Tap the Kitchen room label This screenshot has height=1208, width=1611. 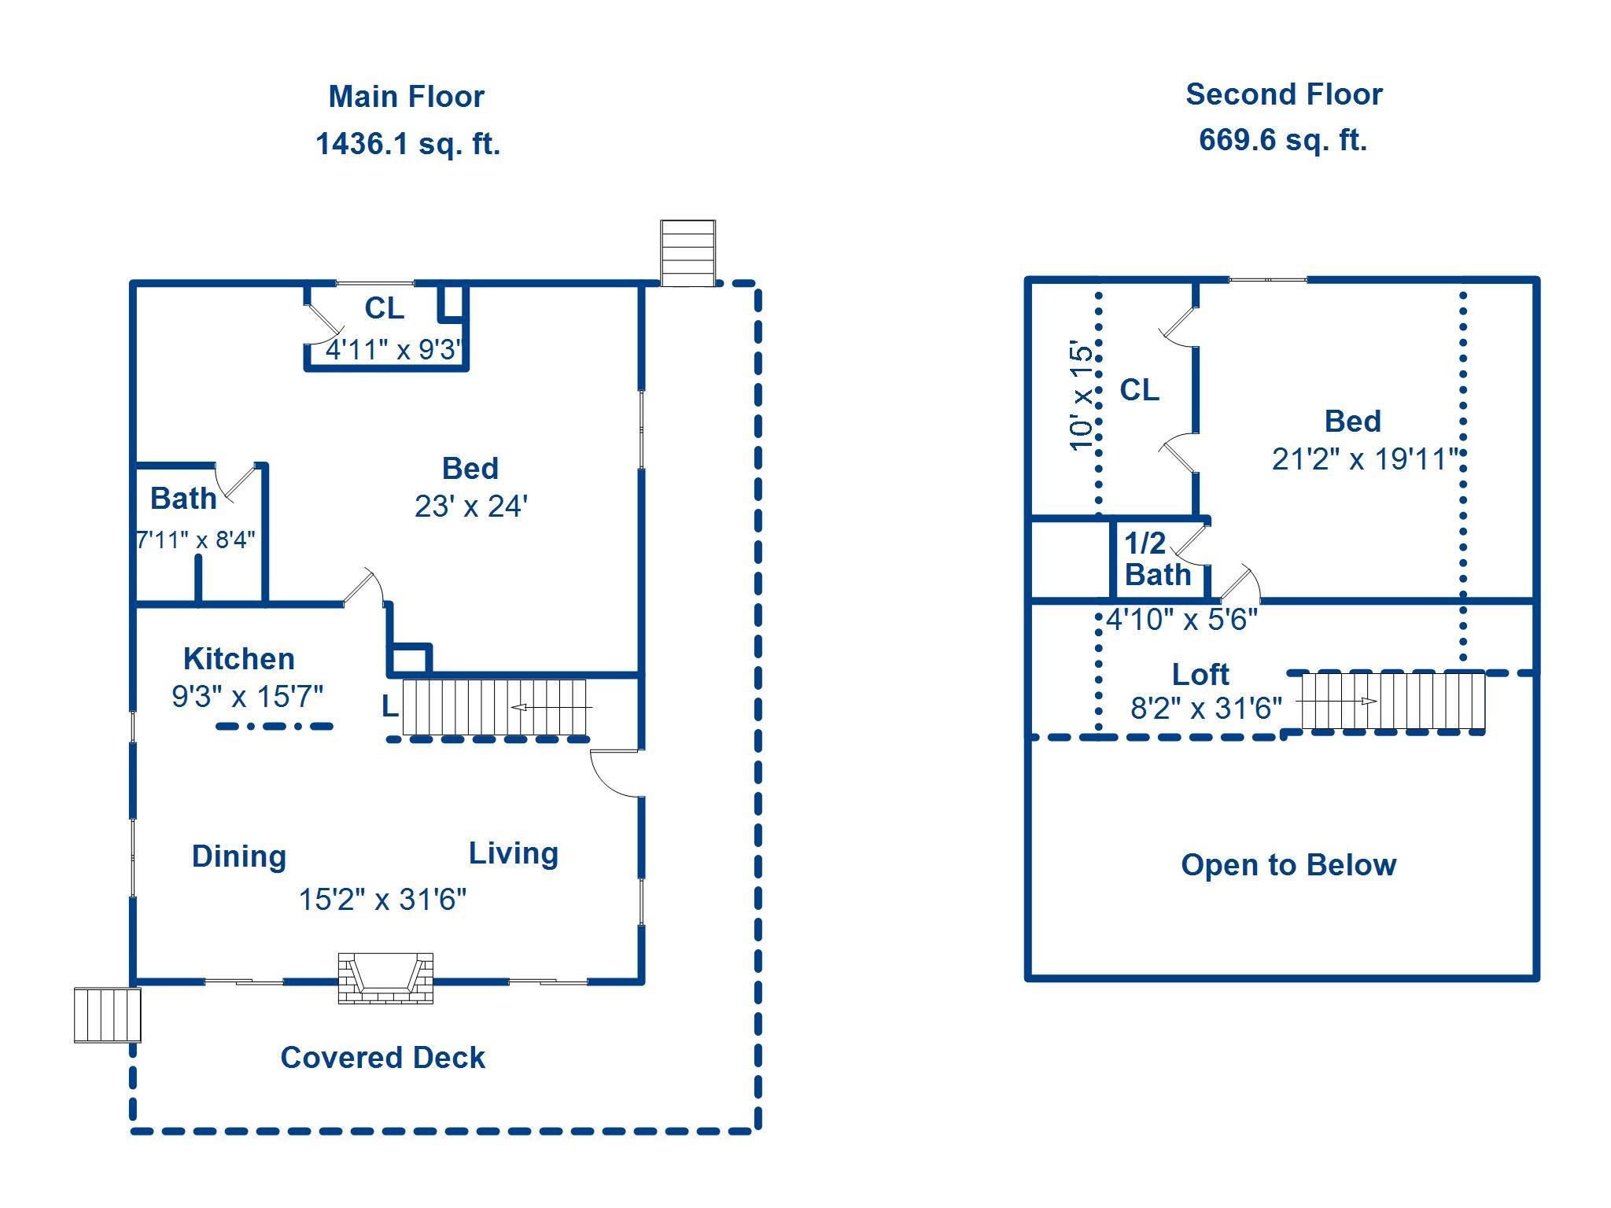[x=239, y=658]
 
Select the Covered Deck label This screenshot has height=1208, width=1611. [x=382, y=1058]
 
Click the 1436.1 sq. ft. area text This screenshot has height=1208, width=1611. [x=407, y=144]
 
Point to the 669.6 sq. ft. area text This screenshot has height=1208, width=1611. [x=1283, y=140]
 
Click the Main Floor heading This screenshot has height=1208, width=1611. [x=406, y=97]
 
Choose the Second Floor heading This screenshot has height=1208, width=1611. [x=1284, y=94]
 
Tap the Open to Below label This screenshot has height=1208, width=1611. [x=1288, y=865]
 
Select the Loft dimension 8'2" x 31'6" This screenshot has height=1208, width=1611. [x=1206, y=709]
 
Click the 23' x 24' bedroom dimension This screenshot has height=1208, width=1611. [x=471, y=506]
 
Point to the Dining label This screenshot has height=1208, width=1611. [x=239, y=856]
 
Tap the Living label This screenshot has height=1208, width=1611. [x=514, y=853]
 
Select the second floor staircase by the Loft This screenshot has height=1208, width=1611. [x=1392, y=700]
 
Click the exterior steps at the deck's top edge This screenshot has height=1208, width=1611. [x=688, y=252]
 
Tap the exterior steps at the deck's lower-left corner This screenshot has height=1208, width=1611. [x=107, y=1015]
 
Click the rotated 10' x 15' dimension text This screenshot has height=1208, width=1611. [x=1082, y=396]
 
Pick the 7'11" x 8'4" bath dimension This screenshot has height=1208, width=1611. [x=196, y=540]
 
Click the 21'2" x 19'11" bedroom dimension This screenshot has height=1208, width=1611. [x=1365, y=459]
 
